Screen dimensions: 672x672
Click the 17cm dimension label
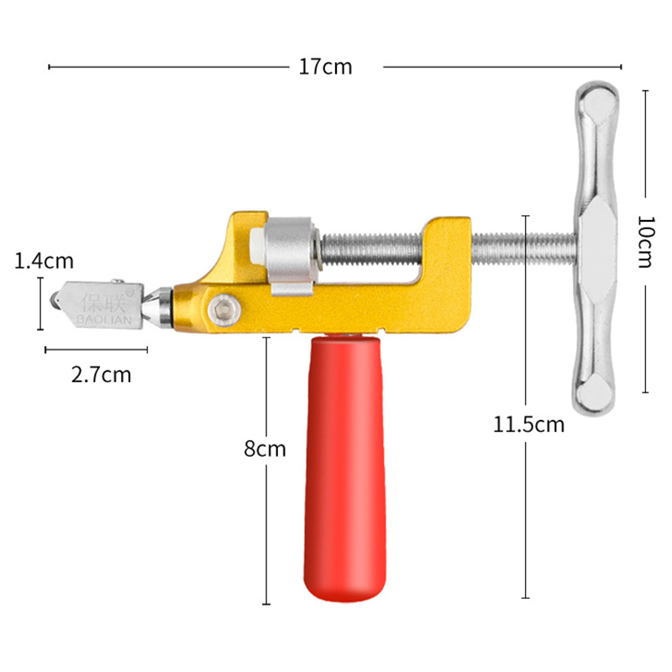tap(325, 67)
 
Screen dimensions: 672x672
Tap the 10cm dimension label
tap(646, 241)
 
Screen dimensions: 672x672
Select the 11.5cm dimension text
tap(528, 424)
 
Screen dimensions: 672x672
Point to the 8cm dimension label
tap(265, 449)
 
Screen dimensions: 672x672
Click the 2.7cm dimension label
tap(101, 375)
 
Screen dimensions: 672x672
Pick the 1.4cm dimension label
tap(44, 260)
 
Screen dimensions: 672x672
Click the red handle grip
tap(345, 468)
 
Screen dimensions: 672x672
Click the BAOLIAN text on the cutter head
tap(104, 319)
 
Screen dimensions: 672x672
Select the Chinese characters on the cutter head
tap(104, 302)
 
